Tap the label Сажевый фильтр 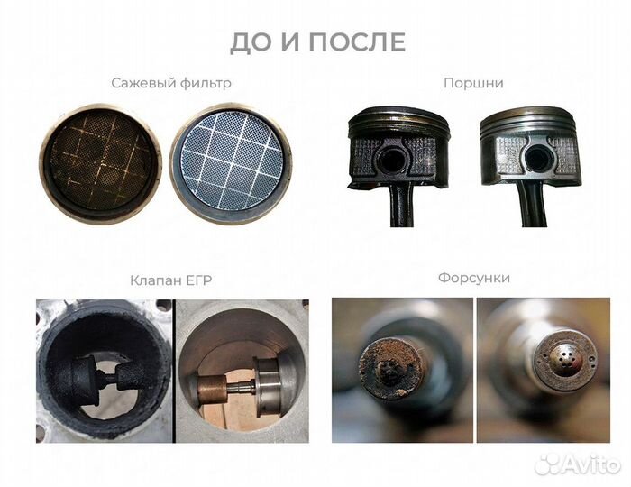pos(171,83)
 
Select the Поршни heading pos(472,83)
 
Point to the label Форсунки pos(473,278)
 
